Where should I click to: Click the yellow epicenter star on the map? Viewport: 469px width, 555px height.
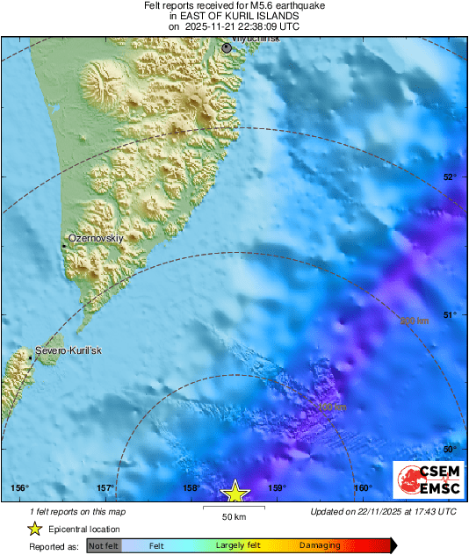point(234,492)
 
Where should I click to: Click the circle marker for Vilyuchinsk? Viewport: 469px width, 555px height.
point(227,47)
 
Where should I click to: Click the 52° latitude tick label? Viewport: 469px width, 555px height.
point(450,177)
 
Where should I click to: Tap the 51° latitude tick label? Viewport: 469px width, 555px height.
point(450,314)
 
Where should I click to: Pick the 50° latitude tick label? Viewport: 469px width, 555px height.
point(450,450)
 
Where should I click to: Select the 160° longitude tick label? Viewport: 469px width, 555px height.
point(361,488)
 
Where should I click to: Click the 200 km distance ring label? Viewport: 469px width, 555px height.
point(414,321)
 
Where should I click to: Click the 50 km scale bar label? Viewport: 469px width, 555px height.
point(233,515)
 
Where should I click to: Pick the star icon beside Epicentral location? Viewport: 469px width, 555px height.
point(34,529)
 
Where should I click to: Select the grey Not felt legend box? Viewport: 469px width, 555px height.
point(104,545)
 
